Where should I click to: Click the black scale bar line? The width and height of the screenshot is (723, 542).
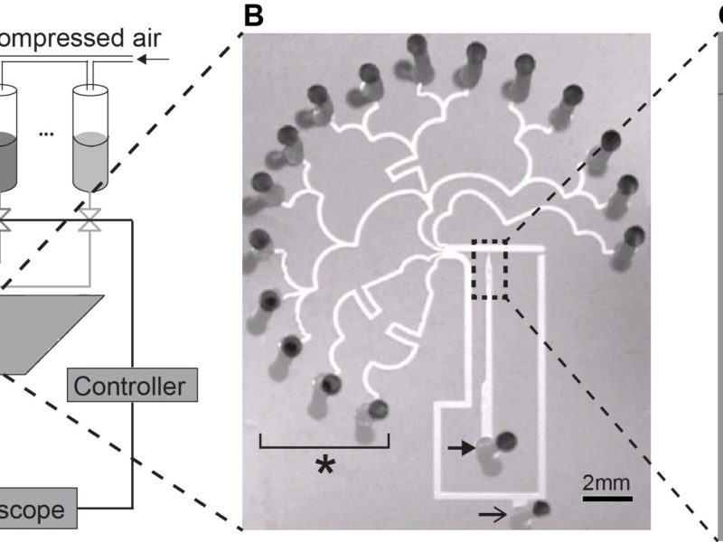click(x=606, y=496)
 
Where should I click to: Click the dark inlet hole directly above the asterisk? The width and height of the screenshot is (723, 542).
click(x=329, y=384)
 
